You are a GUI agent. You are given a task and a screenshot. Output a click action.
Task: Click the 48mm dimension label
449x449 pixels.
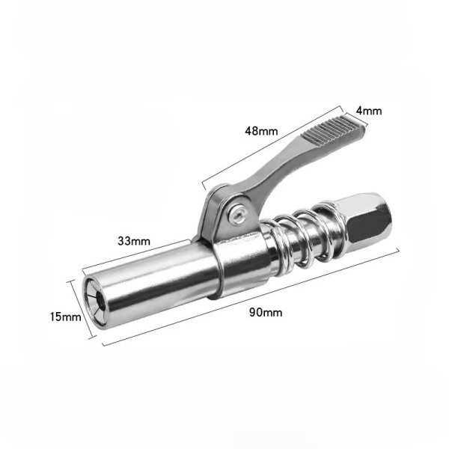(x=261, y=131)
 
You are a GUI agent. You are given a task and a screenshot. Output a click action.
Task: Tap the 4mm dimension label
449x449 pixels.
(x=369, y=111)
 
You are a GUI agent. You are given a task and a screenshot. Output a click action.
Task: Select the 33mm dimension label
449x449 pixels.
(x=134, y=241)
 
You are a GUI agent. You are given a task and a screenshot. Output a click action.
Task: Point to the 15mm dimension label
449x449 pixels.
(x=66, y=317)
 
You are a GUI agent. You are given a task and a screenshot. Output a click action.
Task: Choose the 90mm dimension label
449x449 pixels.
(x=266, y=312)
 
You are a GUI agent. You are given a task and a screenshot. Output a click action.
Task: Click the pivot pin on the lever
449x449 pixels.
(x=237, y=213)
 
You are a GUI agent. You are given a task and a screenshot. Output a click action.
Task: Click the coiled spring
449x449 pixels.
(x=305, y=236)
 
